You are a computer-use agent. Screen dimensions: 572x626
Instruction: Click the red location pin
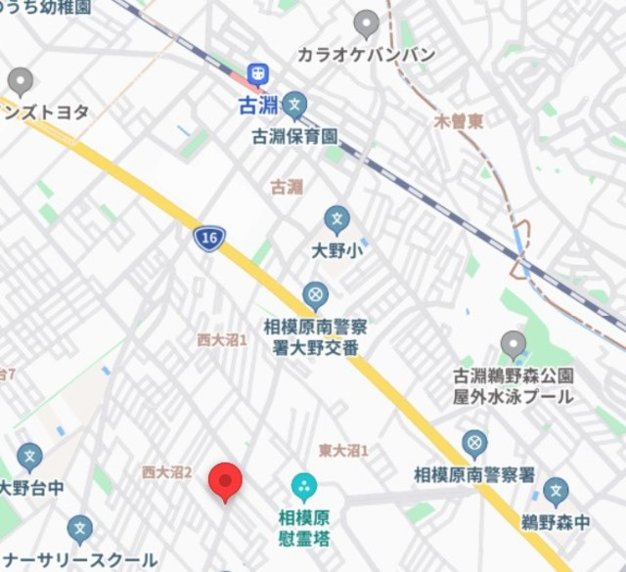(226, 481)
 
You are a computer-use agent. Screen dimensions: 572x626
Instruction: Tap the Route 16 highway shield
(209, 238)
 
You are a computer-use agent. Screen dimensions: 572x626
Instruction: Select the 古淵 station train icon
(258, 73)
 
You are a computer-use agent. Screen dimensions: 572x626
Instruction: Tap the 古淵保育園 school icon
(294, 106)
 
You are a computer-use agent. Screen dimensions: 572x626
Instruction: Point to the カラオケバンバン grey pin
(367, 23)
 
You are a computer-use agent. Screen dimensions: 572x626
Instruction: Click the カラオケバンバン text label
(366, 55)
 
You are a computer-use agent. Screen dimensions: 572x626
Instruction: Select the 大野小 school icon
(337, 218)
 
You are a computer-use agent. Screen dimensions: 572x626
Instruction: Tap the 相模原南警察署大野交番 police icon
(315, 293)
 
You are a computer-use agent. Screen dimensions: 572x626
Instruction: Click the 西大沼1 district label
(222, 339)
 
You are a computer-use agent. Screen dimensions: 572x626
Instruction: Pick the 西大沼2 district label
(166, 472)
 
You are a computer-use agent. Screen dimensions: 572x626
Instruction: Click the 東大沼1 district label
(343, 450)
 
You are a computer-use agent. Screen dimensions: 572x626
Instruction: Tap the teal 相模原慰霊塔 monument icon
(304, 485)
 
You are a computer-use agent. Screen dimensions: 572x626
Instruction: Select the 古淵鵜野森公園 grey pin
(513, 344)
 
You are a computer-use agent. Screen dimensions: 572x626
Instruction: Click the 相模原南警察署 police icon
(474, 444)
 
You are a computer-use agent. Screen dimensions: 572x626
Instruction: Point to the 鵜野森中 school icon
(556, 492)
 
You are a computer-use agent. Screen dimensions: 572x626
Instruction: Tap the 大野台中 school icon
(29, 456)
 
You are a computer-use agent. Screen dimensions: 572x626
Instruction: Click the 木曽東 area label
(459, 122)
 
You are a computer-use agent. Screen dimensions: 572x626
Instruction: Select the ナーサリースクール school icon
(79, 529)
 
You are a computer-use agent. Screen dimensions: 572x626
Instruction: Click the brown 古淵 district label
(287, 187)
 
